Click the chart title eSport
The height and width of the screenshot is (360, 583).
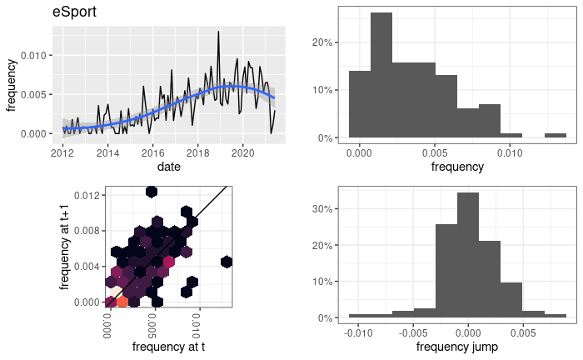point(74,13)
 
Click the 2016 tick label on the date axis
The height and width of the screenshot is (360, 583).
point(152,153)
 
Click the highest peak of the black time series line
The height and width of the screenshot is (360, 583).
point(218,32)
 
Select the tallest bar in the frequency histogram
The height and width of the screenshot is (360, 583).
point(381,74)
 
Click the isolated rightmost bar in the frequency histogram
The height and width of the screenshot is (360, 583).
point(556,135)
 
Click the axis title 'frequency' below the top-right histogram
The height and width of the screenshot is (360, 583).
point(457,167)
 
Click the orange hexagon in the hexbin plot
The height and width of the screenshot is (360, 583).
point(122,302)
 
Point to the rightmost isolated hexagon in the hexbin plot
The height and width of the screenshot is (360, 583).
point(226,262)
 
